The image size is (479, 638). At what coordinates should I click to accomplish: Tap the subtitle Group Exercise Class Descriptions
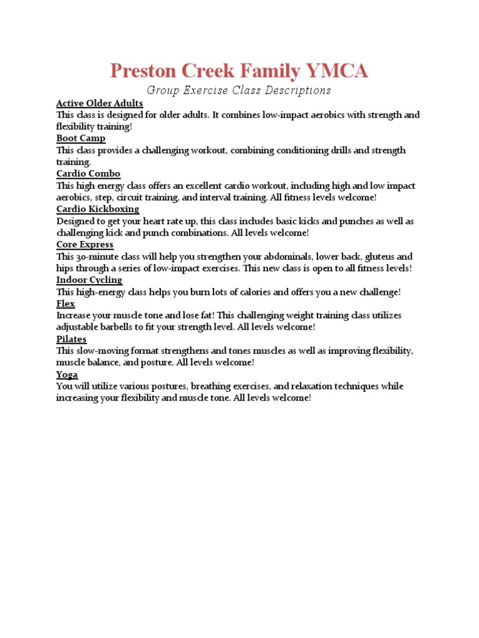239,90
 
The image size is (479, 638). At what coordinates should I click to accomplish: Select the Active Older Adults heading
100,103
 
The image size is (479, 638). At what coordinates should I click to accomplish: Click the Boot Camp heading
81,138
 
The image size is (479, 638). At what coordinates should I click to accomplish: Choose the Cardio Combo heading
89,174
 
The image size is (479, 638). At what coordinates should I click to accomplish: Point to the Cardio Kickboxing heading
98,209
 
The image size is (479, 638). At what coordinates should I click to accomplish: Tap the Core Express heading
85,245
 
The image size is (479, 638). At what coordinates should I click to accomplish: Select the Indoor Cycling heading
89,280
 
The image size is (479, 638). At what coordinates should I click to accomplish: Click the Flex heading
65,304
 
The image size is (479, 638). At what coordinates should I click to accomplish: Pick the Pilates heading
71,340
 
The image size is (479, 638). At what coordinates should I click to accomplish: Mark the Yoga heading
67,374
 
